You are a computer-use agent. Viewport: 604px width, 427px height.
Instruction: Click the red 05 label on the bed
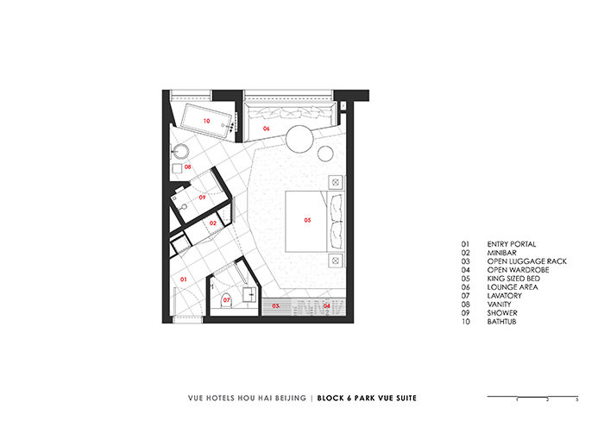coord(307,220)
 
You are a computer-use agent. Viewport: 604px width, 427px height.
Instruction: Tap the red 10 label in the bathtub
coord(206,122)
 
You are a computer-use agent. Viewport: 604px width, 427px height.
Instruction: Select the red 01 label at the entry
coord(183,279)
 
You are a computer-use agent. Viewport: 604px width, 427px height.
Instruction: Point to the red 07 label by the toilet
coord(227,301)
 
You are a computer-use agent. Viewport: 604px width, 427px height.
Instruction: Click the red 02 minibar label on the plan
coord(213,223)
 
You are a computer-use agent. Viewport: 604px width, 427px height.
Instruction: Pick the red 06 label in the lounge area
coord(266,129)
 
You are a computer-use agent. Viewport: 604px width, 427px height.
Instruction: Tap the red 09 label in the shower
coord(202,198)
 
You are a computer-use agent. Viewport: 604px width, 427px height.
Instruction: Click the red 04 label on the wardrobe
coord(327,305)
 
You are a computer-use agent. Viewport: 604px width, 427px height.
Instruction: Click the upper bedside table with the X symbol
coord(334,183)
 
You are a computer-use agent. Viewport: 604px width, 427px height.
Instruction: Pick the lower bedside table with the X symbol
coord(334,260)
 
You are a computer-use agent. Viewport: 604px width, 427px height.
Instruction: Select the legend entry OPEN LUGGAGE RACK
coord(526,261)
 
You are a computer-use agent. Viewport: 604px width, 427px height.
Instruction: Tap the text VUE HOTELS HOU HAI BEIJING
coord(248,399)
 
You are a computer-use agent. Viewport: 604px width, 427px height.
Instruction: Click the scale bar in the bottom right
coord(532,397)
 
